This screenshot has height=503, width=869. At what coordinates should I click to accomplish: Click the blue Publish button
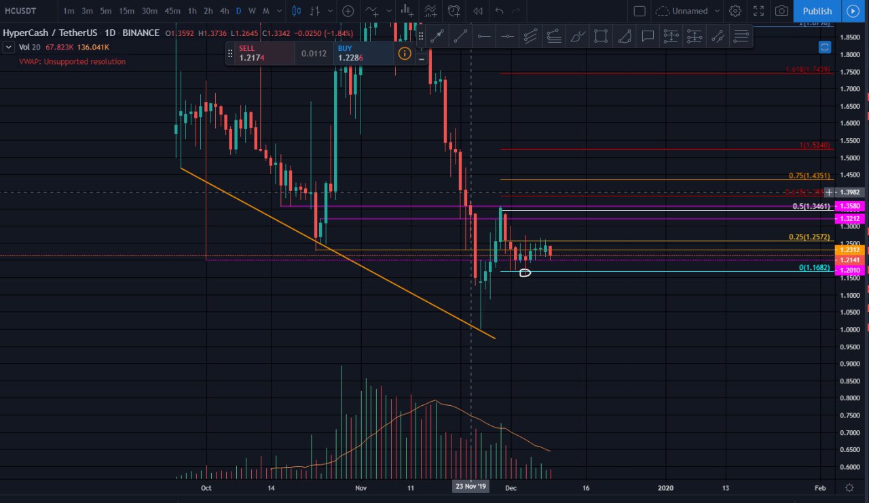[x=817, y=11]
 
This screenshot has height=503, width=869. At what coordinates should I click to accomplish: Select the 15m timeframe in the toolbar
[x=126, y=11]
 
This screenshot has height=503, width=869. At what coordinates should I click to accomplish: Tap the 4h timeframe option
[x=225, y=11]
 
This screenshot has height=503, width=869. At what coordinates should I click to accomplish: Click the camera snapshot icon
[x=782, y=11]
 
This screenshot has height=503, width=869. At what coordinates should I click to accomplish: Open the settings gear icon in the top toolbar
[x=735, y=11]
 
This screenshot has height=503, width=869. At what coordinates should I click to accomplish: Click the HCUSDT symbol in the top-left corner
[x=20, y=11]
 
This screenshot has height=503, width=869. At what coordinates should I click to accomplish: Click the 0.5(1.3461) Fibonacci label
[x=811, y=206]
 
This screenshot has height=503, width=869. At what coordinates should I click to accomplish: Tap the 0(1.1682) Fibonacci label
[x=814, y=268]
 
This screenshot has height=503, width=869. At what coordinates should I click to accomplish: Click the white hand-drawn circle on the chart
[x=525, y=273]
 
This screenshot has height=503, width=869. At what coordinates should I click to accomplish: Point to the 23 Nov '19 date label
[x=471, y=487]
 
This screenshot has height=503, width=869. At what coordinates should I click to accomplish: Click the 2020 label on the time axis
[x=665, y=487]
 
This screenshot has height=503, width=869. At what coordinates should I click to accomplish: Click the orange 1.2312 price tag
[x=850, y=249]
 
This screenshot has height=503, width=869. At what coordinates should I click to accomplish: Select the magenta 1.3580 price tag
[x=850, y=206]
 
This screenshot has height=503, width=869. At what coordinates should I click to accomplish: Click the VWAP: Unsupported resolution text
[x=73, y=62]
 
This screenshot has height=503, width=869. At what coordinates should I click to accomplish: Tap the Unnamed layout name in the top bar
[x=690, y=11]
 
